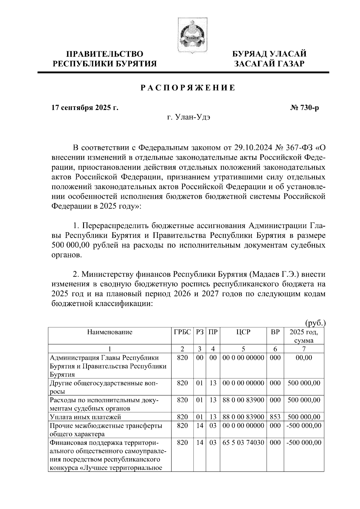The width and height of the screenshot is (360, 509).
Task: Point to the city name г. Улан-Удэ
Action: tap(188, 118)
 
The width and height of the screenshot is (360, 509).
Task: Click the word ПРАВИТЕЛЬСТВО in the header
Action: tap(105, 54)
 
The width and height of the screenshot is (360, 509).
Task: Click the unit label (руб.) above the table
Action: tap(315, 323)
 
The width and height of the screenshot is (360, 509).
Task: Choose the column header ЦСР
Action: tap(243, 332)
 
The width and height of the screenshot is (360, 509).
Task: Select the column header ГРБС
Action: tap(182, 332)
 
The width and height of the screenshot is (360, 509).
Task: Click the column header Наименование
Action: tap(110, 332)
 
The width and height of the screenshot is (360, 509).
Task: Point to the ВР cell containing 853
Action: tap(275, 417)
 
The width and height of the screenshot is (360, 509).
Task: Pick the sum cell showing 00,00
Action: tap(304, 357)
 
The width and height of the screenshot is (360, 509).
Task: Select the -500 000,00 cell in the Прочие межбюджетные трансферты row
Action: tap(304, 425)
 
